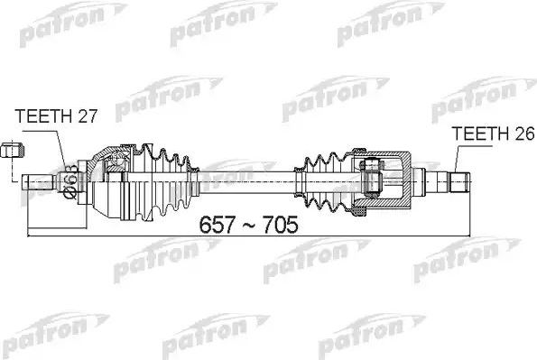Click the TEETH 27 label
[56, 116]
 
